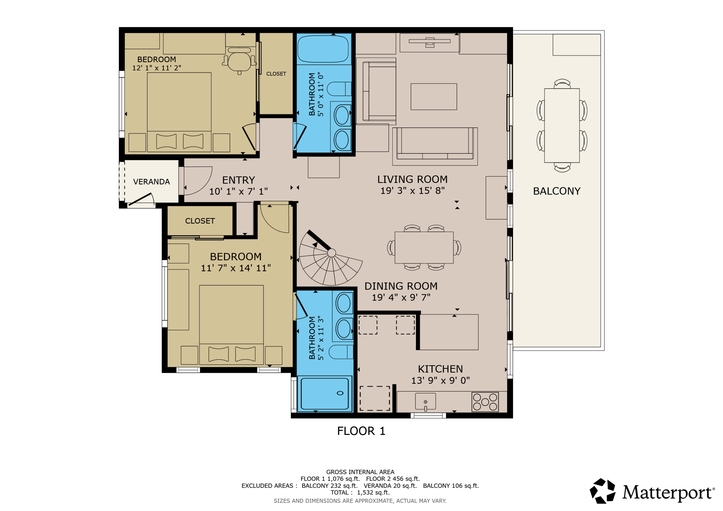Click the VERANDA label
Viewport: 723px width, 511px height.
(x=151, y=182)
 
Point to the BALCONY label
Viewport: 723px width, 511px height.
(x=557, y=191)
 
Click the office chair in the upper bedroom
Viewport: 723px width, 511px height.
(x=239, y=61)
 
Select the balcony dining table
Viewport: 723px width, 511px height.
(x=562, y=125)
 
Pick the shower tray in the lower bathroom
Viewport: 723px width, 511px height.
(x=325, y=394)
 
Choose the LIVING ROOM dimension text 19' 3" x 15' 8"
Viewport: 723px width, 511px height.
(x=413, y=191)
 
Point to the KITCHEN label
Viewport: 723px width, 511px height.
(x=440, y=369)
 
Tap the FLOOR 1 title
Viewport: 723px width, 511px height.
(x=361, y=431)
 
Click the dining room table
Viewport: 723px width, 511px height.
(x=424, y=247)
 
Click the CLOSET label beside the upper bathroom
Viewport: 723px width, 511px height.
(x=276, y=74)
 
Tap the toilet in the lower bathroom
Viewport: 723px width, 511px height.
(x=341, y=352)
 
